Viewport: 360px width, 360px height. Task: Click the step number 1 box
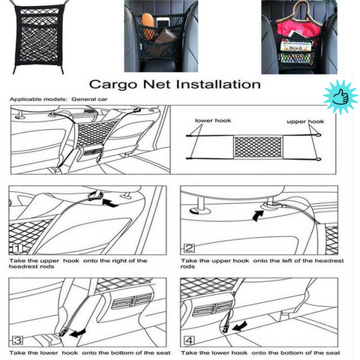click(17, 247)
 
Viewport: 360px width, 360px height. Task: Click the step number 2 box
click(189, 247)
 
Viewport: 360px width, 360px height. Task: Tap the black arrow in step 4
click(239, 328)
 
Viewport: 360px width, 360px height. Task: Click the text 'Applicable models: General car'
click(49, 98)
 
